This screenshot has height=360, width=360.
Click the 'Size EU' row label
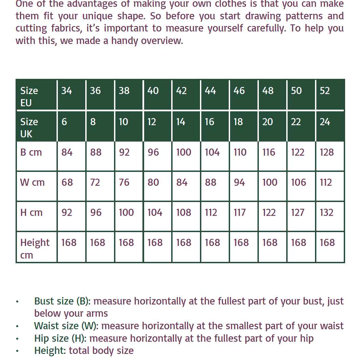(x=29, y=96)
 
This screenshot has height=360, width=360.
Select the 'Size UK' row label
(x=29, y=128)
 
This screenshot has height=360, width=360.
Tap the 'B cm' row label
(x=31, y=152)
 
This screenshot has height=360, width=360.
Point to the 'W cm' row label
(x=32, y=182)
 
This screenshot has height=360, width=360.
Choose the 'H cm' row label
(x=31, y=212)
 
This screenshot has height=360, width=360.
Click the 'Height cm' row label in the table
(x=35, y=248)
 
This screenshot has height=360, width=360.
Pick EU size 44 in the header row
(x=210, y=91)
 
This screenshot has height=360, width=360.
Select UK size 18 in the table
(x=238, y=122)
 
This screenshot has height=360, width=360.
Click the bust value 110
(x=240, y=152)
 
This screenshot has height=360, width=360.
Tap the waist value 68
(x=67, y=182)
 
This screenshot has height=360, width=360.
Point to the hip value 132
(x=327, y=212)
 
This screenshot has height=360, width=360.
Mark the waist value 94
(x=239, y=182)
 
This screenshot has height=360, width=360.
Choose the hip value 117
(x=240, y=212)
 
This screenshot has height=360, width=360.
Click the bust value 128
(x=327, y=152)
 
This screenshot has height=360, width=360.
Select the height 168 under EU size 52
(x=327, y=243)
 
